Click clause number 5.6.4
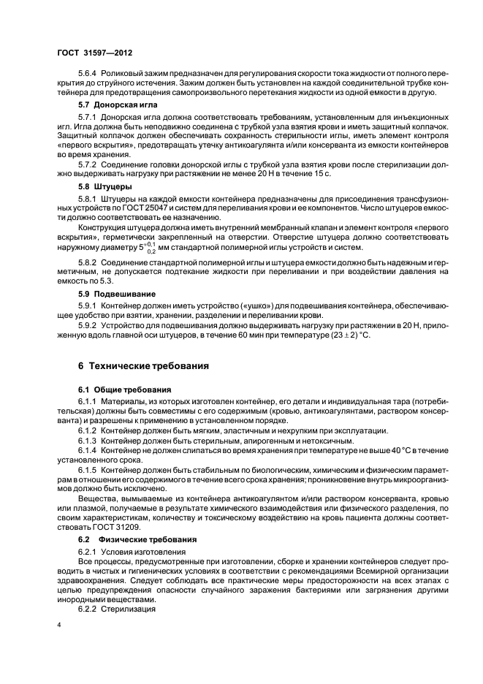(88, 75)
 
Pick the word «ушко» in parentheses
(239, 305)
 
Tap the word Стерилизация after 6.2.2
(127, 608)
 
